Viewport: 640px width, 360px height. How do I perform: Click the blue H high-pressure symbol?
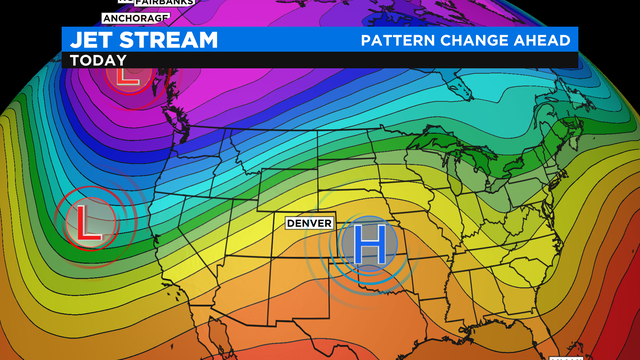coord(369,244)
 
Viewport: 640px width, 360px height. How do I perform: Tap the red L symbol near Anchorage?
coord(124,75)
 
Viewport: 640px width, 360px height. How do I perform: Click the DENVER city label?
coord(309,223)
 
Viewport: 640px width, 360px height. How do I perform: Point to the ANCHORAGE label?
coord(135,18)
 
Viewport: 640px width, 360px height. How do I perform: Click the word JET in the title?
coord(90,40)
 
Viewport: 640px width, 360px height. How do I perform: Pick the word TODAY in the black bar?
coord(93,60)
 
